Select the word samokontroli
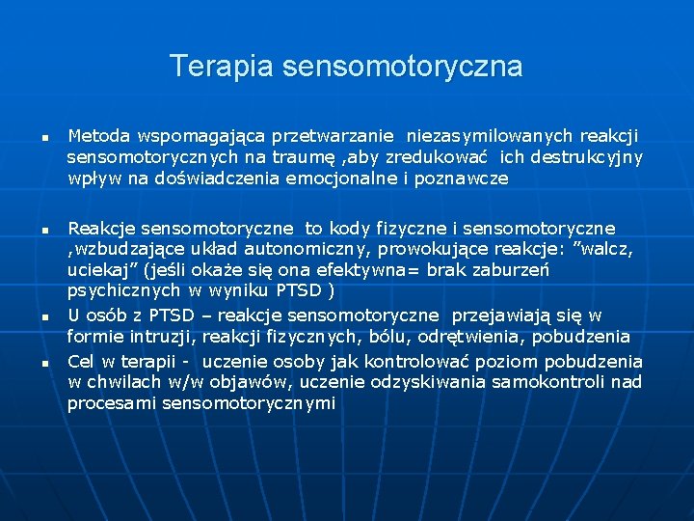tap(557, 382)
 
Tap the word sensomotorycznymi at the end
tap(201, 403)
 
